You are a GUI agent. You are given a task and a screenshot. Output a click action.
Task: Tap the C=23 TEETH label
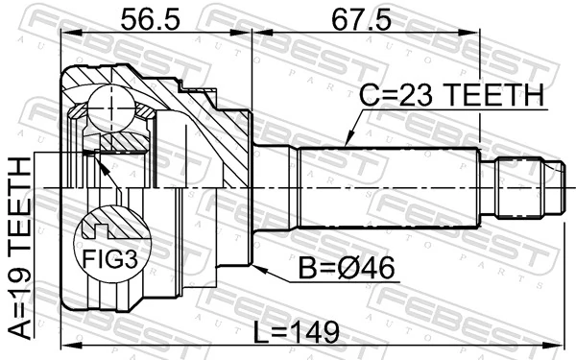point(452,95)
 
